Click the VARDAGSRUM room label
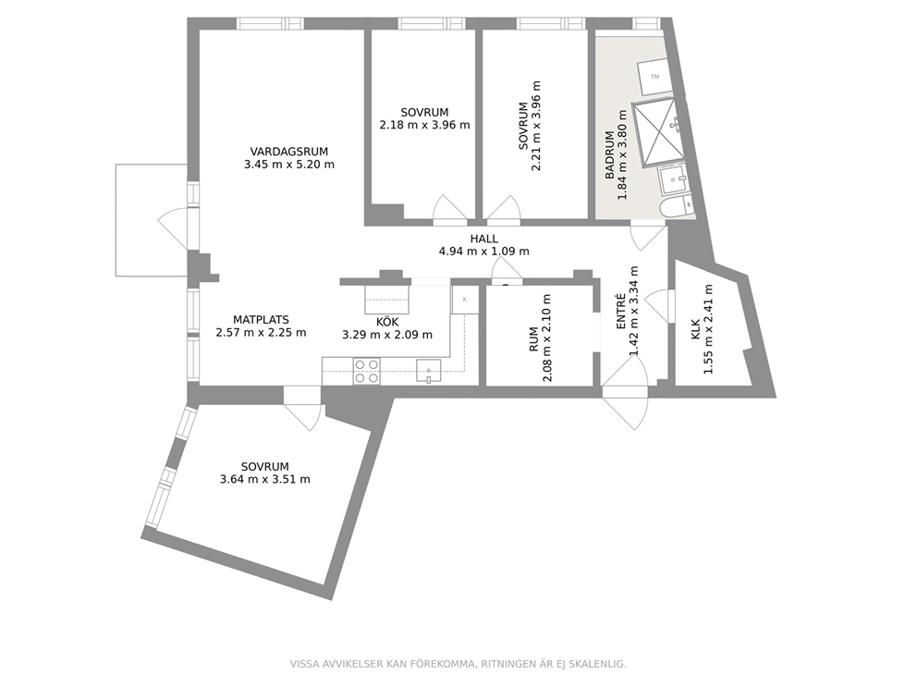pyautogui.click(x=289, y=152)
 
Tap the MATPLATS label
pyautogui.click(x=261, y=320)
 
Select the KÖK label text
pyautogui.click(x=387, y=322)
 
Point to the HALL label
pyautogui.click(x=484, y=239)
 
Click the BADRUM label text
pyautogui.click(x=610, y=155)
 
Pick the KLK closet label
pyautogui.click(x=695, y=329)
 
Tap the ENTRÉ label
pyautogui.click(x=621, y=311)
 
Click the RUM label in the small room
pyautogui.click(x=533, y=339)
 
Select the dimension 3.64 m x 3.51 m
pyautogui.click(x=265, y=480)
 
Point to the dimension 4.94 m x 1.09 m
pyautogui.click(x=484, y=252)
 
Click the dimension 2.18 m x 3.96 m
pyautogui.click(x=424, y=125)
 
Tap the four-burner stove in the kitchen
pyautogui.click(x=367, y=372)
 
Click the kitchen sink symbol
pyautogui.click(x=429, y=371)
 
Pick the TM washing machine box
pyautogui.click(x=654, y=77)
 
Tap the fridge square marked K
pyautogui.click(x=465, y=301)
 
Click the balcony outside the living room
pyautogui.click(x=151, y=220)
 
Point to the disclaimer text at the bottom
pyautogui.click(x=458, y=664)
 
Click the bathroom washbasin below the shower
pyautogui.click(x=674, y=180)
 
